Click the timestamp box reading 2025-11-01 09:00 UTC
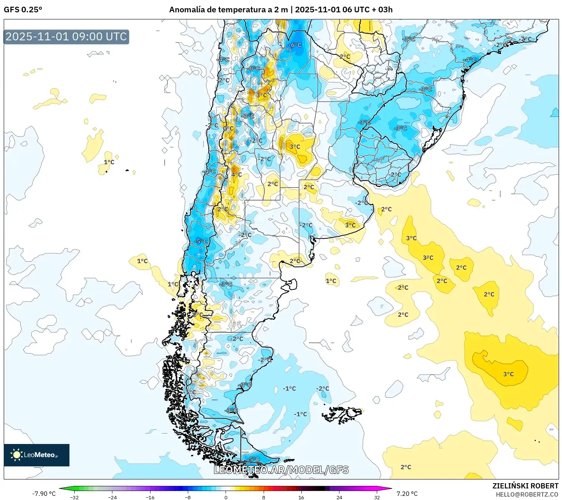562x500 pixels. tap(66, 37)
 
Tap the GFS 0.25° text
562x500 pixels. tap(23, 10)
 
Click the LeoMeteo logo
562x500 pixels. tap(36, 455)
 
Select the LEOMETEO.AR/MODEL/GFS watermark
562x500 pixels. tap(281, 470)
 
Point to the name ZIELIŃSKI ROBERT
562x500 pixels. tap(525, 486)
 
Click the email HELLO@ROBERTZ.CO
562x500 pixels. tap(527, 494)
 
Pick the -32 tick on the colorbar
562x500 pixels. tap(74, 497)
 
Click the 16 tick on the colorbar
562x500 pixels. tap(301, 497)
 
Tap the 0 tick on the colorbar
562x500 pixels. tap(226, 497)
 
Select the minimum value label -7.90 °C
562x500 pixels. tap(44, 494)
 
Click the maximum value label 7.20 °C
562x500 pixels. tap(407, 494)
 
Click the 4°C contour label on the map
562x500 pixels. tap(236, 174)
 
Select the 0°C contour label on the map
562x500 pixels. tap(228, 128)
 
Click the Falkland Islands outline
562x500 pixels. tap(342, 414)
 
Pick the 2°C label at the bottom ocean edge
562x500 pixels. tap(406, 467)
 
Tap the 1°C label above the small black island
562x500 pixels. tap(109, 162)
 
